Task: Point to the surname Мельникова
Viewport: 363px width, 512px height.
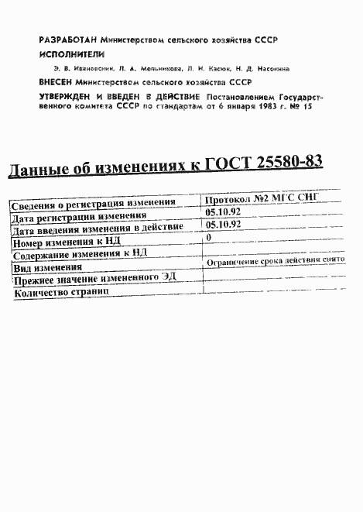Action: pos(148,68)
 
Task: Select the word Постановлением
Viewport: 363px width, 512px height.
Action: pos(238,95)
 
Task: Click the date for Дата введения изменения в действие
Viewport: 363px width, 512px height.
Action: pos(219,225)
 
